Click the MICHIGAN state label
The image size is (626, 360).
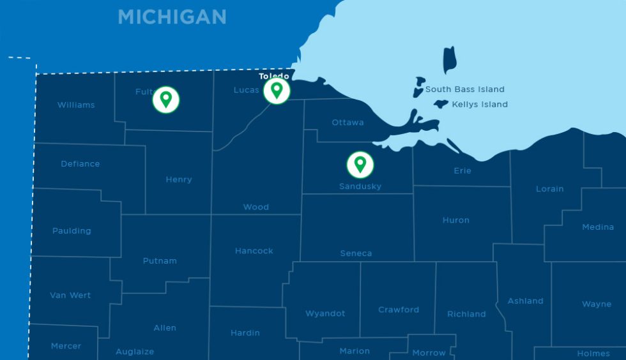click(x=172, y=17)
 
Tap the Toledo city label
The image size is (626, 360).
click(x=273, y=77)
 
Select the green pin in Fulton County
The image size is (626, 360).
click(x=166, y=100)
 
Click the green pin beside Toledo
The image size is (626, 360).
click(x=277, y=90)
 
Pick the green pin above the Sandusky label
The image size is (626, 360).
click(x=360, y=164)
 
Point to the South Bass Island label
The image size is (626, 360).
click(x=465, y=89)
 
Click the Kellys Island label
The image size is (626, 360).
click(x=480, y=104)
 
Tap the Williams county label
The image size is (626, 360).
click(x=76, y=105)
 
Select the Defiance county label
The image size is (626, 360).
click(x=80, y=163)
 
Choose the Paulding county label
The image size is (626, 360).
click(x=72, y=230)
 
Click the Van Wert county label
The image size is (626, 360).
click(x=70, y=295)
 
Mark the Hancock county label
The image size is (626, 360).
click(x=254, y=251)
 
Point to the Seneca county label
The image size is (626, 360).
click(x=356, y=253)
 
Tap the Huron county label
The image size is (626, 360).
click(x=455, y=220)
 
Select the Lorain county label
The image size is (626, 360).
click(x=549, y=188)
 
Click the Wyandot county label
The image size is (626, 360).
click(x=325, y=313)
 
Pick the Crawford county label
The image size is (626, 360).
click(x=399, y=310)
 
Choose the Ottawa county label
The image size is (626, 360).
click(x=347, y=122)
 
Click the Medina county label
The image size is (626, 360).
click(x=598, y=227)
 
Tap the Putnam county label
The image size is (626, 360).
click(x=160, y=260)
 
